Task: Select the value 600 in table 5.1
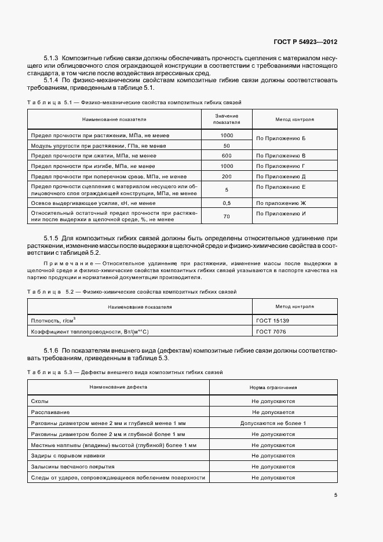(x=226, y=156)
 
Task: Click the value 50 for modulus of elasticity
(x=226, y=145)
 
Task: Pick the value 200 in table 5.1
(x=226, y=176)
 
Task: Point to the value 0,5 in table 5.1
(x=226, y=203)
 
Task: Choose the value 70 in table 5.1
(x=226, y=216)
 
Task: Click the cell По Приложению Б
(x=280, y=140)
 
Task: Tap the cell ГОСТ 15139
(x=272, y=320)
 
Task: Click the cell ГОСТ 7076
(x=271, y=331)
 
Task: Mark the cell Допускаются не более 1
(x=273, y=423)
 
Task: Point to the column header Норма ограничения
(x=273, y=387)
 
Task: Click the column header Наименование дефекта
(x=118, y=387)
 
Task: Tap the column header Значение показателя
(x=226, y=119)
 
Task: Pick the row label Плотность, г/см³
(x=54, y=320)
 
